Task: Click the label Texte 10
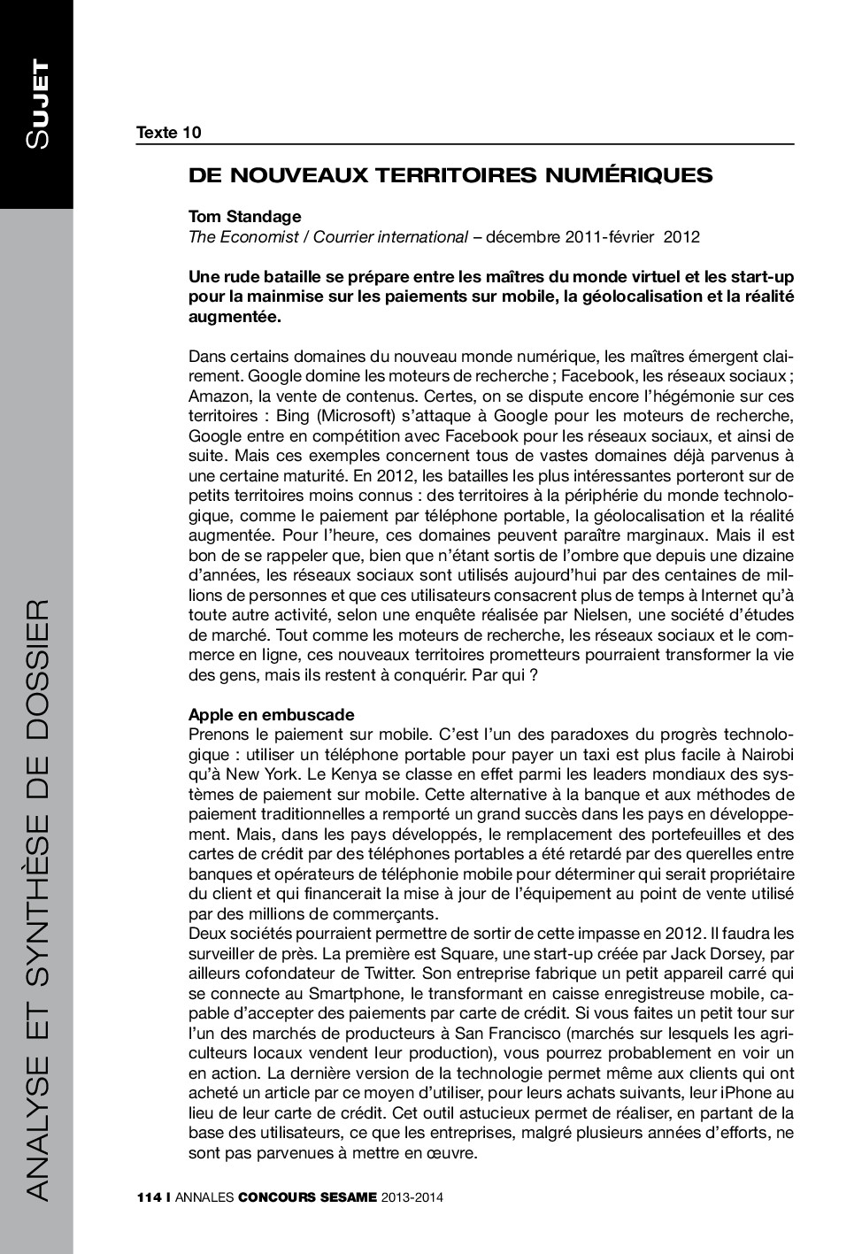click(x=168, y=133)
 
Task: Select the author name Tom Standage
click(x=244, y=216)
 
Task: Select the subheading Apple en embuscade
click(x=272, y=714)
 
